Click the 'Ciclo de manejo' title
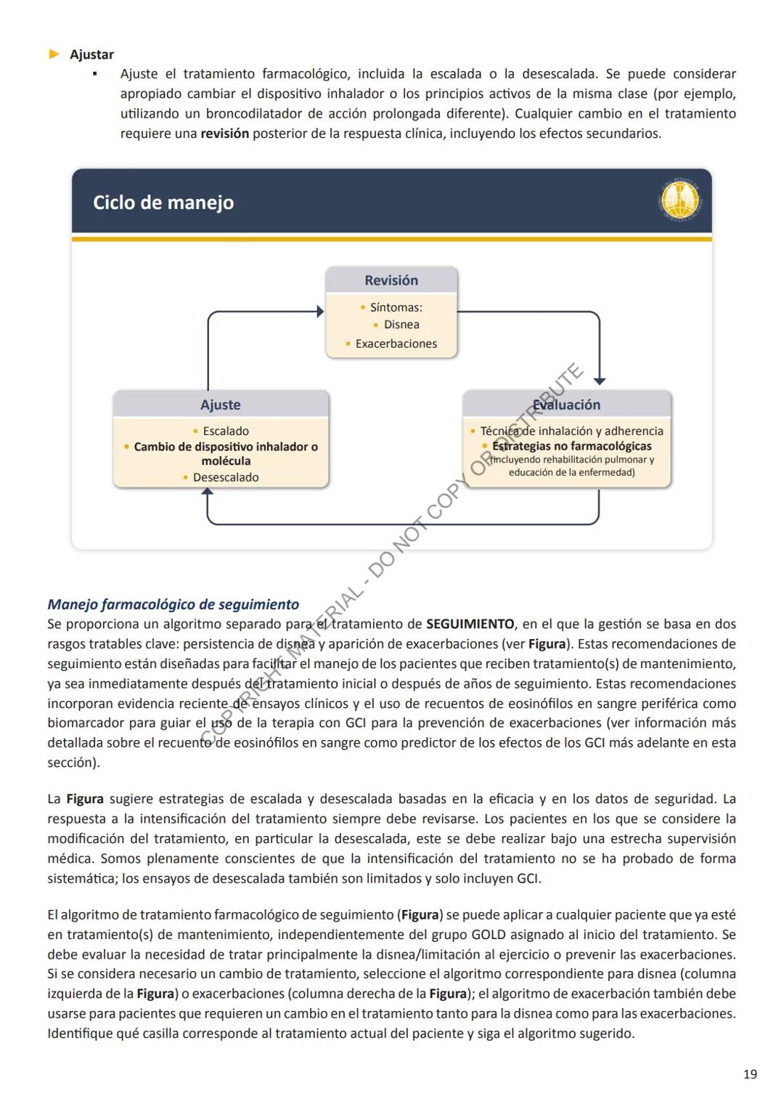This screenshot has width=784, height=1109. (163, 203)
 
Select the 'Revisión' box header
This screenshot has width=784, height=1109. (391, 280)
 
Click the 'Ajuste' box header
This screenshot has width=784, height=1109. (221, 405)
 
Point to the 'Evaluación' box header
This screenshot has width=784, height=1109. (567, 405)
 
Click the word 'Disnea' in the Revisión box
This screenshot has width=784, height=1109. (401, 325)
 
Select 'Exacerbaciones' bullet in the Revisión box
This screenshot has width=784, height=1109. (396, 344)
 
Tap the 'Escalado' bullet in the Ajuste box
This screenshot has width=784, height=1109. (225, 431)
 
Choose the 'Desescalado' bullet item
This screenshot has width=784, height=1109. (225, 477)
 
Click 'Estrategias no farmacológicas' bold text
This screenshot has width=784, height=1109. (571, 446)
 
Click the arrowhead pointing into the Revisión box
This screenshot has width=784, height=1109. (320, 312)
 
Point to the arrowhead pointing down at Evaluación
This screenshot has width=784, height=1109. (600, 381)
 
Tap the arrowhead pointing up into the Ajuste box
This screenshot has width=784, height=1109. (208, 492)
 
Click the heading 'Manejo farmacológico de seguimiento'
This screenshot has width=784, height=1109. (173, 604)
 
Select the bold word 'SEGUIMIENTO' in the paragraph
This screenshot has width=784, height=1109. (470, 624)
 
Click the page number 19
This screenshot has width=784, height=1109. (750, 1073)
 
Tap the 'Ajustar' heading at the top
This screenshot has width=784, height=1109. (91, 54)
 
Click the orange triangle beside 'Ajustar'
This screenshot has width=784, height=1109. (54, 54)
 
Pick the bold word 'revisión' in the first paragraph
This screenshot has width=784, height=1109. (224, 134)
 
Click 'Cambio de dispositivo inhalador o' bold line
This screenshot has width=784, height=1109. (226, 447)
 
